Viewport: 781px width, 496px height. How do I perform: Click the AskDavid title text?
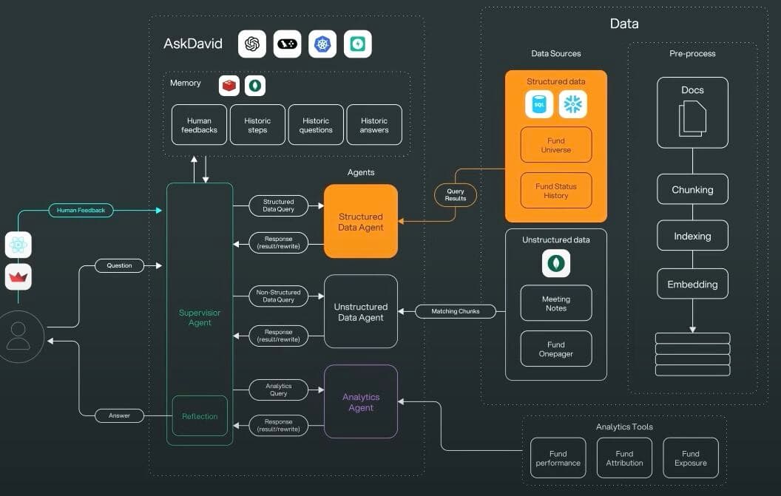coord(192,44)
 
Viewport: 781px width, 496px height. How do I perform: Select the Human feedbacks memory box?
coord(199,125)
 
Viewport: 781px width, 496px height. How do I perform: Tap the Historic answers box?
coord(374,125)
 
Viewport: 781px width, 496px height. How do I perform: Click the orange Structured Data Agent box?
coord(361,222)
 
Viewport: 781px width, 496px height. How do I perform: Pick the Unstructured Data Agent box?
coord(361,312)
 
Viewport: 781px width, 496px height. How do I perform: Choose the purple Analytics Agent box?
coord(361,402)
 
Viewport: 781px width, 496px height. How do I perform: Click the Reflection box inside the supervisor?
coord(200,416)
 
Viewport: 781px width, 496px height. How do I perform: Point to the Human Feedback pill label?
coord(81,211)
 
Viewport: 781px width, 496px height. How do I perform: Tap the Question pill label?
coord(119,265)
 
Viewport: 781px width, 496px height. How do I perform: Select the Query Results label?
coord(456,194)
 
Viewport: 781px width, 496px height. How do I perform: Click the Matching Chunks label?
coord(455,311)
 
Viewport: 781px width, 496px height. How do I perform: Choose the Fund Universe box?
coord(556,145)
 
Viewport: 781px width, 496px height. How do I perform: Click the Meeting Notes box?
coord(556,303)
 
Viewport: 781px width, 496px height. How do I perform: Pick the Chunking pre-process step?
coord(692,189)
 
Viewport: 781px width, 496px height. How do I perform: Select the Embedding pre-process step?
coord(692,284)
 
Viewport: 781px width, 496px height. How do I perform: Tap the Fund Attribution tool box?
coord(624,458)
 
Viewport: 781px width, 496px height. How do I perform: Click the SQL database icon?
coord(539,104)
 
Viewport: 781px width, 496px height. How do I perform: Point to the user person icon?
coord(18,336)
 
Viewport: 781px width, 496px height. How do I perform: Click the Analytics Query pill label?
coord(278,390)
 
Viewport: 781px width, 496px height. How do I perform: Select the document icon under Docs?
coord(692,118)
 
